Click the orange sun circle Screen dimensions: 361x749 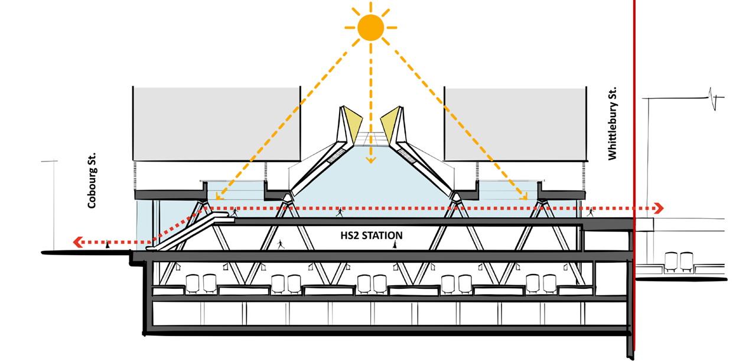point(370,27)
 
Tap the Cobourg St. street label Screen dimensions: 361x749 point(92,180)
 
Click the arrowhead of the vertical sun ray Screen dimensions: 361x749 point(370,159)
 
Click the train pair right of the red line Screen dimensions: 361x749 point(678,261)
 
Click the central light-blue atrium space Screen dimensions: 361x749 point(370,183)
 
